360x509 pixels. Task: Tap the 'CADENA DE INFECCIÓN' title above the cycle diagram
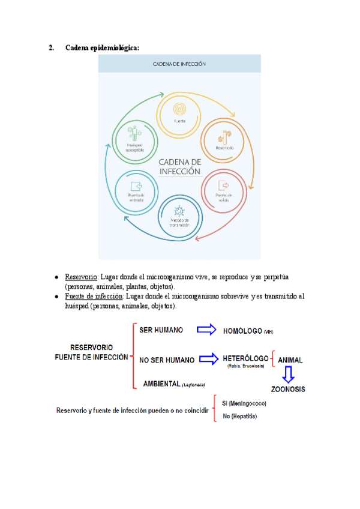[179, 64]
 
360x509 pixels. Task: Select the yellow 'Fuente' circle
[179, 112]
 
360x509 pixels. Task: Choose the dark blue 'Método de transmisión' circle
[180, 214]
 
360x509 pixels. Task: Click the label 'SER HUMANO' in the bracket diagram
[161, 330]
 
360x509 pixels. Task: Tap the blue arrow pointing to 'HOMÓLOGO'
[206, 330]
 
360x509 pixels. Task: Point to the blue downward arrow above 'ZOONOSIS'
[289, 375]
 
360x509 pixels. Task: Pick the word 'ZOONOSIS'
[289, 389]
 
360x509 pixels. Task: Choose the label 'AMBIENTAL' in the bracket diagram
[162, 383]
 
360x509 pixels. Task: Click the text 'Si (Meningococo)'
[244, 403]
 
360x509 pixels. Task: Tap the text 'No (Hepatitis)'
[240, 416]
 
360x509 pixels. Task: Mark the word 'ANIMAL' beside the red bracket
[290, 360]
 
